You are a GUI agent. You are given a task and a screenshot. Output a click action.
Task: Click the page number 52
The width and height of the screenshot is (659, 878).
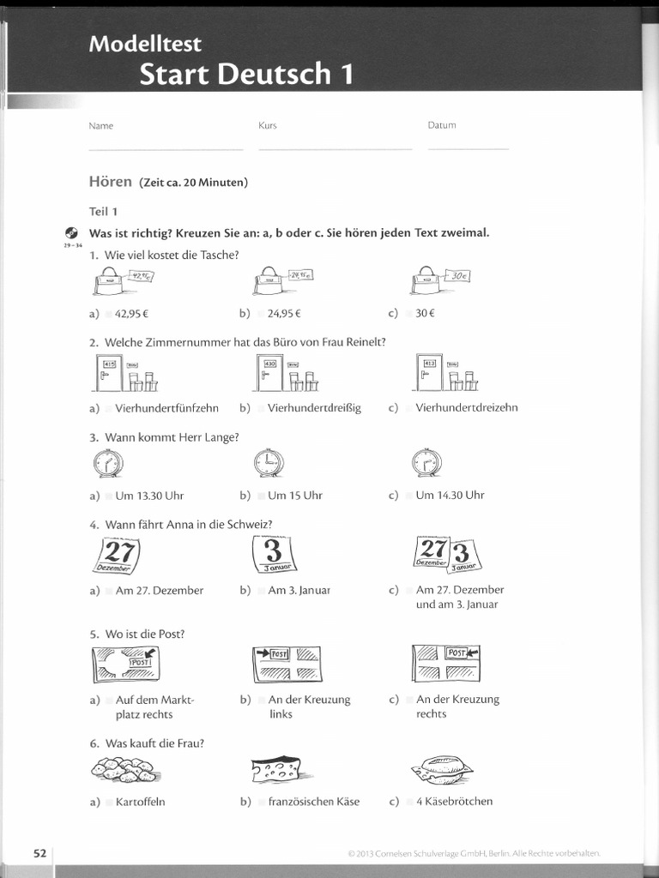click(x=39, y=853)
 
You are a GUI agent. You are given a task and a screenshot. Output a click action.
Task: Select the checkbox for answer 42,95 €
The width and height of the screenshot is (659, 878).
click(x=109, y=314)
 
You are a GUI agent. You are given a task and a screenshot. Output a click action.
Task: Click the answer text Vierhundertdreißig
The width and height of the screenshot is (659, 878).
click(x=314, y=408)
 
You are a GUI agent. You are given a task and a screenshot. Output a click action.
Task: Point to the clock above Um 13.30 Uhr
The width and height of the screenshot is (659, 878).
click(x=108, y=464)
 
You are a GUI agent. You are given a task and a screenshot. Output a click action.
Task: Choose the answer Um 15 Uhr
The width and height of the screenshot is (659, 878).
click(x=294, y=496)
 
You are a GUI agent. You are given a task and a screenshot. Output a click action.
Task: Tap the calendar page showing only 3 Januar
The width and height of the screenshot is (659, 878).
click(x=272, y=555)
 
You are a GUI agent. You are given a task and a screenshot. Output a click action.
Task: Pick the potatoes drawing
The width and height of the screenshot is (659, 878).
click(x=124, y=770)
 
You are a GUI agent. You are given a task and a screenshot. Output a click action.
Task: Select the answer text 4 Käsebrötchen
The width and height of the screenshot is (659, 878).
click(x=454, y=802)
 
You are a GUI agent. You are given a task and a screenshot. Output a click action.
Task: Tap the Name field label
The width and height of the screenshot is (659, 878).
click(x=101, y=126)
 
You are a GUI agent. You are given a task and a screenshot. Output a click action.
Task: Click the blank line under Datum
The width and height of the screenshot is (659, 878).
click(x=468, y=148)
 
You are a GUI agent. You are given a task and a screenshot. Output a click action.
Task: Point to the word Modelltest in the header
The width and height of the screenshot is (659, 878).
click(x=145, y=44)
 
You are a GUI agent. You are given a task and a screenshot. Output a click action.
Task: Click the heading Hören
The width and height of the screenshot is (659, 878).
click(x=110, y=182)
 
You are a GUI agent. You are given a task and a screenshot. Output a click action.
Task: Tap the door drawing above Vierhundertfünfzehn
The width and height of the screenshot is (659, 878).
click(x=108, y=372)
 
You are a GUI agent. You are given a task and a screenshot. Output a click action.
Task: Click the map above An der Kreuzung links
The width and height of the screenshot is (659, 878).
click(x=287, y=665)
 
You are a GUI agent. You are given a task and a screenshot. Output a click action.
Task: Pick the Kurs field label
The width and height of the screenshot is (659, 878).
click(x=268, y=126)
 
